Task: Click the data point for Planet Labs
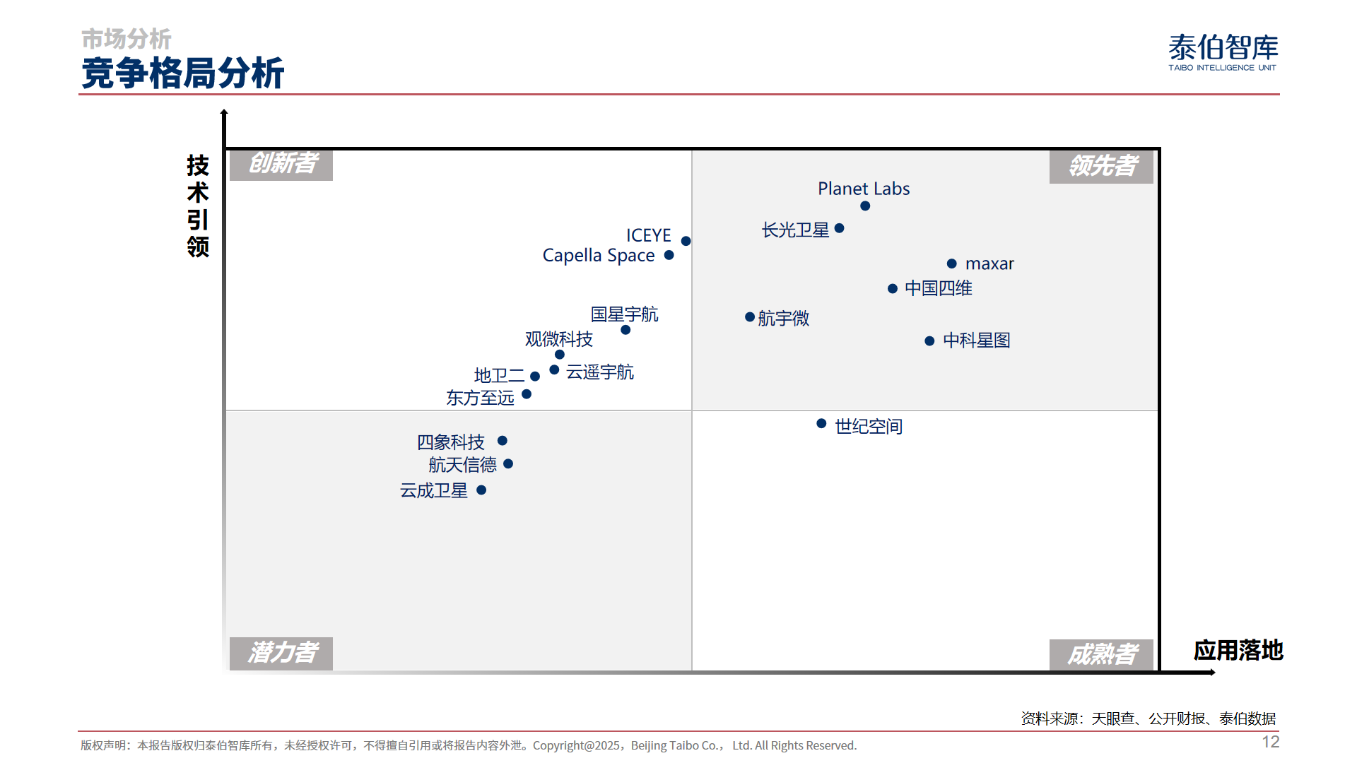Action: (x=865, y=206)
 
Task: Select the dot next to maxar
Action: (x=952, y=264)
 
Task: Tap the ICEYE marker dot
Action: (x=686, y=241)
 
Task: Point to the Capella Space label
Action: (x=598, y=256)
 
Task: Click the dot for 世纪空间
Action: (x=821, y=424)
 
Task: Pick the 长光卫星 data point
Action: (x=840, y=228)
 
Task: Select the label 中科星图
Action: (x=976, y=341)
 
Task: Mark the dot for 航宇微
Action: (x=750, y=317)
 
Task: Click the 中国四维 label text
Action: (x=938, y=288)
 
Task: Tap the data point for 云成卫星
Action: (x=481, y=490)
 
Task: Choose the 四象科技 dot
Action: (x=503, y=441)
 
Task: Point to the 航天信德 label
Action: (x=462, y=465)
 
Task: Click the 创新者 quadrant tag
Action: (x=281, y=164)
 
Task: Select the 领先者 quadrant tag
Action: (x=1101, y=166)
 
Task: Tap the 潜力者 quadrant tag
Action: (x=281, y=653)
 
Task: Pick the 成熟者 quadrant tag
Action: (x=1101, y=655)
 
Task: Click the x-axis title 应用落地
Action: (x=1238, y=651)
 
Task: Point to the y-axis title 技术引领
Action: (x=198, y=206)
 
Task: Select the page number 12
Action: (x=1270, y=742)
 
